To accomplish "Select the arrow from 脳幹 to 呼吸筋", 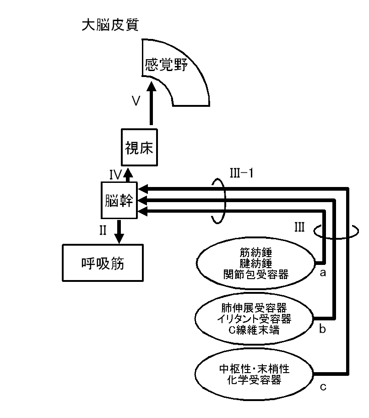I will pos(119,231).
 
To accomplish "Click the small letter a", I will pos(322,273).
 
